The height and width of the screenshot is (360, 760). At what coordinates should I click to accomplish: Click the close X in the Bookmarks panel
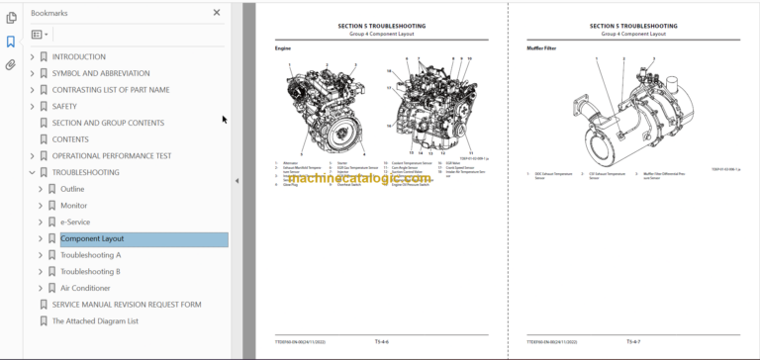(217, 13)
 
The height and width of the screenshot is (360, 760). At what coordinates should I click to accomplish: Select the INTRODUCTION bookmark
(78, 57)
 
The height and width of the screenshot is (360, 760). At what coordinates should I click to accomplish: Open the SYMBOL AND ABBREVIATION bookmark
(100, 73)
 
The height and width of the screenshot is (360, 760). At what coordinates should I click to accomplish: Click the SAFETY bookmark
(64, 106)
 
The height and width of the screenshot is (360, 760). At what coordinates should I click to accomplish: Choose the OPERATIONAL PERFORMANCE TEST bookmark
(111, 155)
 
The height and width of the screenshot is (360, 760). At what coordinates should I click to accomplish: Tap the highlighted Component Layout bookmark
(92, 238)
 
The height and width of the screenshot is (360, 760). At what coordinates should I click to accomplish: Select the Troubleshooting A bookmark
(90, 255)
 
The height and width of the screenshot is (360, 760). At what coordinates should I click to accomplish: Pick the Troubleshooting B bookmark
(90, 271)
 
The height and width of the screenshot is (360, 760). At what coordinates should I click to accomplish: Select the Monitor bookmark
(73, 206)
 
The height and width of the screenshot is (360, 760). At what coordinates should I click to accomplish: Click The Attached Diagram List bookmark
(95, 320)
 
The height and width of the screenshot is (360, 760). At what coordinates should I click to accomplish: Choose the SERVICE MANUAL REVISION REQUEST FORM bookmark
(126, 305)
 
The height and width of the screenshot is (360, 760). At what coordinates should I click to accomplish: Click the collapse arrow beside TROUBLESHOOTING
(32, 172)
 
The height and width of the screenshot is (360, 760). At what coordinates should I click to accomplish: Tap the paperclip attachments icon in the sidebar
(11, 65)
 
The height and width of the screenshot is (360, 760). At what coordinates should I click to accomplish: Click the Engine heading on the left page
(282, 47)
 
